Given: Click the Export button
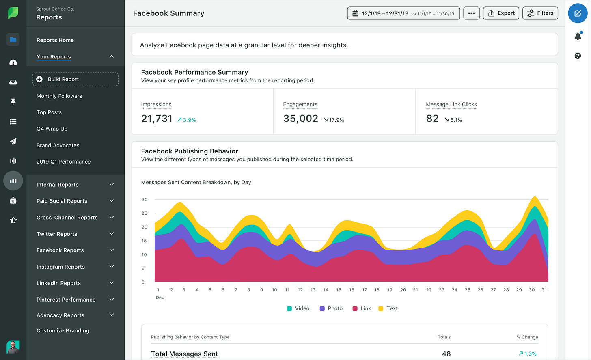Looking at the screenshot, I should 501,13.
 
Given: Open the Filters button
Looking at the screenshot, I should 540,13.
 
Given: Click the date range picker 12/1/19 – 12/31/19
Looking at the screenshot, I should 403,13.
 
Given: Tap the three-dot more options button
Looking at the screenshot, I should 471,13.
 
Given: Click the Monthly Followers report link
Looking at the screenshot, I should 59,96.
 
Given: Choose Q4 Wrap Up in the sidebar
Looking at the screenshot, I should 52,129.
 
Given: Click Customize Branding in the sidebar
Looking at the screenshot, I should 63,331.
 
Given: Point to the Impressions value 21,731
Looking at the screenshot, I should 157,119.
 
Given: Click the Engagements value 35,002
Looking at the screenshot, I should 300,119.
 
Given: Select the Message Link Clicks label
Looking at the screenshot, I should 451,104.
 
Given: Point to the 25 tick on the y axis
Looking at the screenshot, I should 145,213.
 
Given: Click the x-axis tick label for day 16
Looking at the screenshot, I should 352,290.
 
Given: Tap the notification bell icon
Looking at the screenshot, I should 578,37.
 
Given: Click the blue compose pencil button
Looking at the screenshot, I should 578,13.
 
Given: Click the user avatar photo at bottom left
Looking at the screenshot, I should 13,347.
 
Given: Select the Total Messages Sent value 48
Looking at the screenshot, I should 446,354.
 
